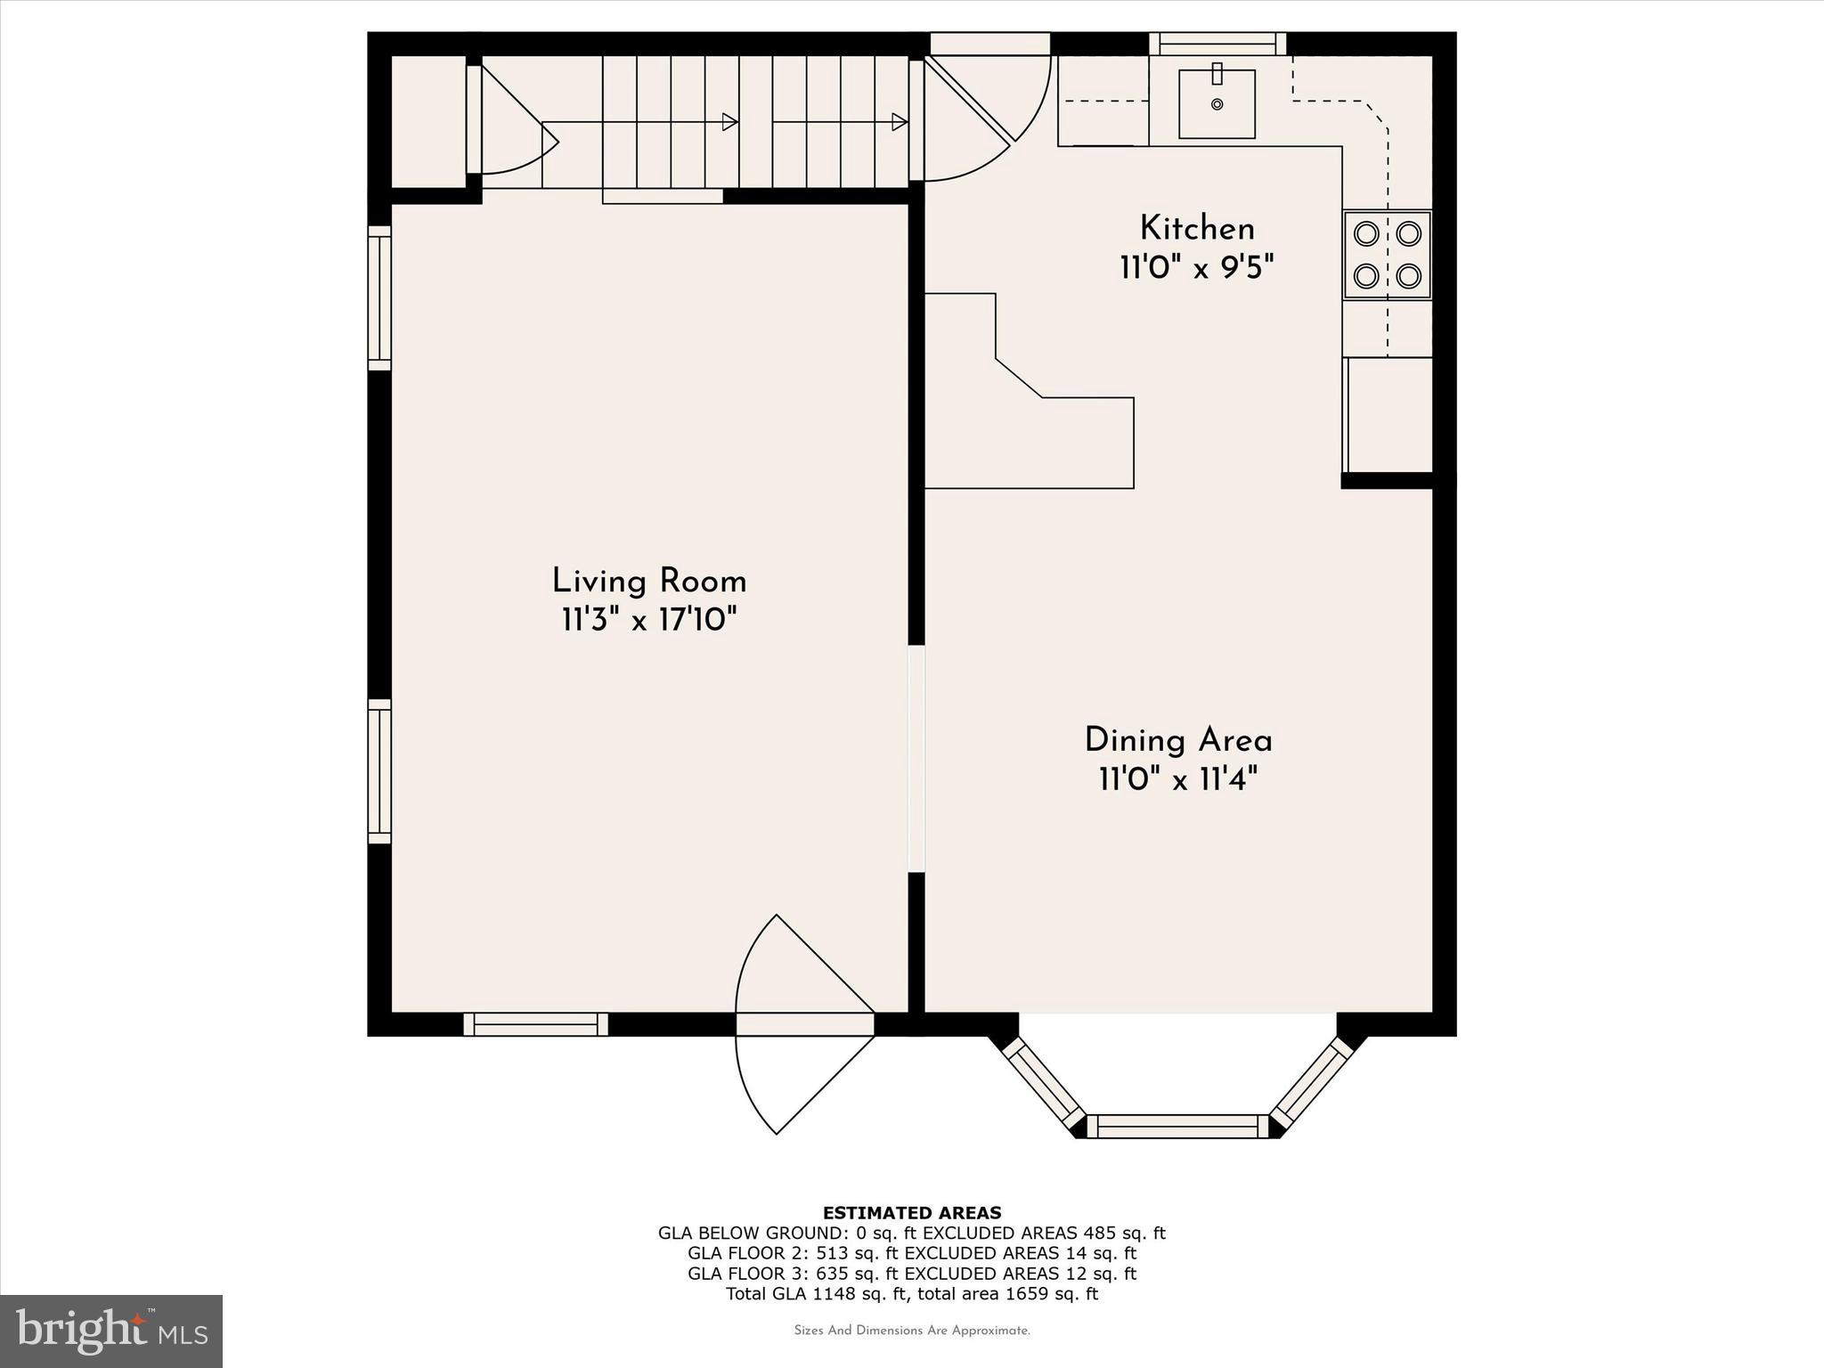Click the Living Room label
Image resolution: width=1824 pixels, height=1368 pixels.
tap(648, 582)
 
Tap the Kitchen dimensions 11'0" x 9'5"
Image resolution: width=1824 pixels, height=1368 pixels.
tap(1196, 267)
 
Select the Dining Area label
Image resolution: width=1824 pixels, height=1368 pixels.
tap(1177, 740)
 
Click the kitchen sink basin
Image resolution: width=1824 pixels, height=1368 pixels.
tap(1217, 104)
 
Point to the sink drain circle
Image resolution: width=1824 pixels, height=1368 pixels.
tap(1217, 104)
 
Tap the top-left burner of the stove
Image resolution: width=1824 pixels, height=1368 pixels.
tap(1366, 234)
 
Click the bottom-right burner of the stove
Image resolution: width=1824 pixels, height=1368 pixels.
tap(1408, 276)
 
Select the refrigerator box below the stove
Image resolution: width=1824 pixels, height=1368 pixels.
tap(1389, 414)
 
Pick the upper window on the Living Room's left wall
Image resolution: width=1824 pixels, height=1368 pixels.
tap(380, 297)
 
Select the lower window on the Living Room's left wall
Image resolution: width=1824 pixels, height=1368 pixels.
tap(380, 771)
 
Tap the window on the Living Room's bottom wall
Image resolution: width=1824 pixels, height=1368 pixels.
tap(535, 1024)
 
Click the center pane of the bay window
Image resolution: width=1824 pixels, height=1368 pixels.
tap(1177, 1126)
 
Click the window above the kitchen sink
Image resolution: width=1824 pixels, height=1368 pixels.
tap(1217, 44)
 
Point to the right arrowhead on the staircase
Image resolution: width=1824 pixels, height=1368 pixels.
tap(900, 122)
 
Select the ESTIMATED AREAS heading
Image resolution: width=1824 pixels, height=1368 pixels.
tap(912, 1213)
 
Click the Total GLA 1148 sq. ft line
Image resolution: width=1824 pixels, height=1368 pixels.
tap(912, 1294)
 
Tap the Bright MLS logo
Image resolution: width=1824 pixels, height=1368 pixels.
tap(111, 1331)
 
